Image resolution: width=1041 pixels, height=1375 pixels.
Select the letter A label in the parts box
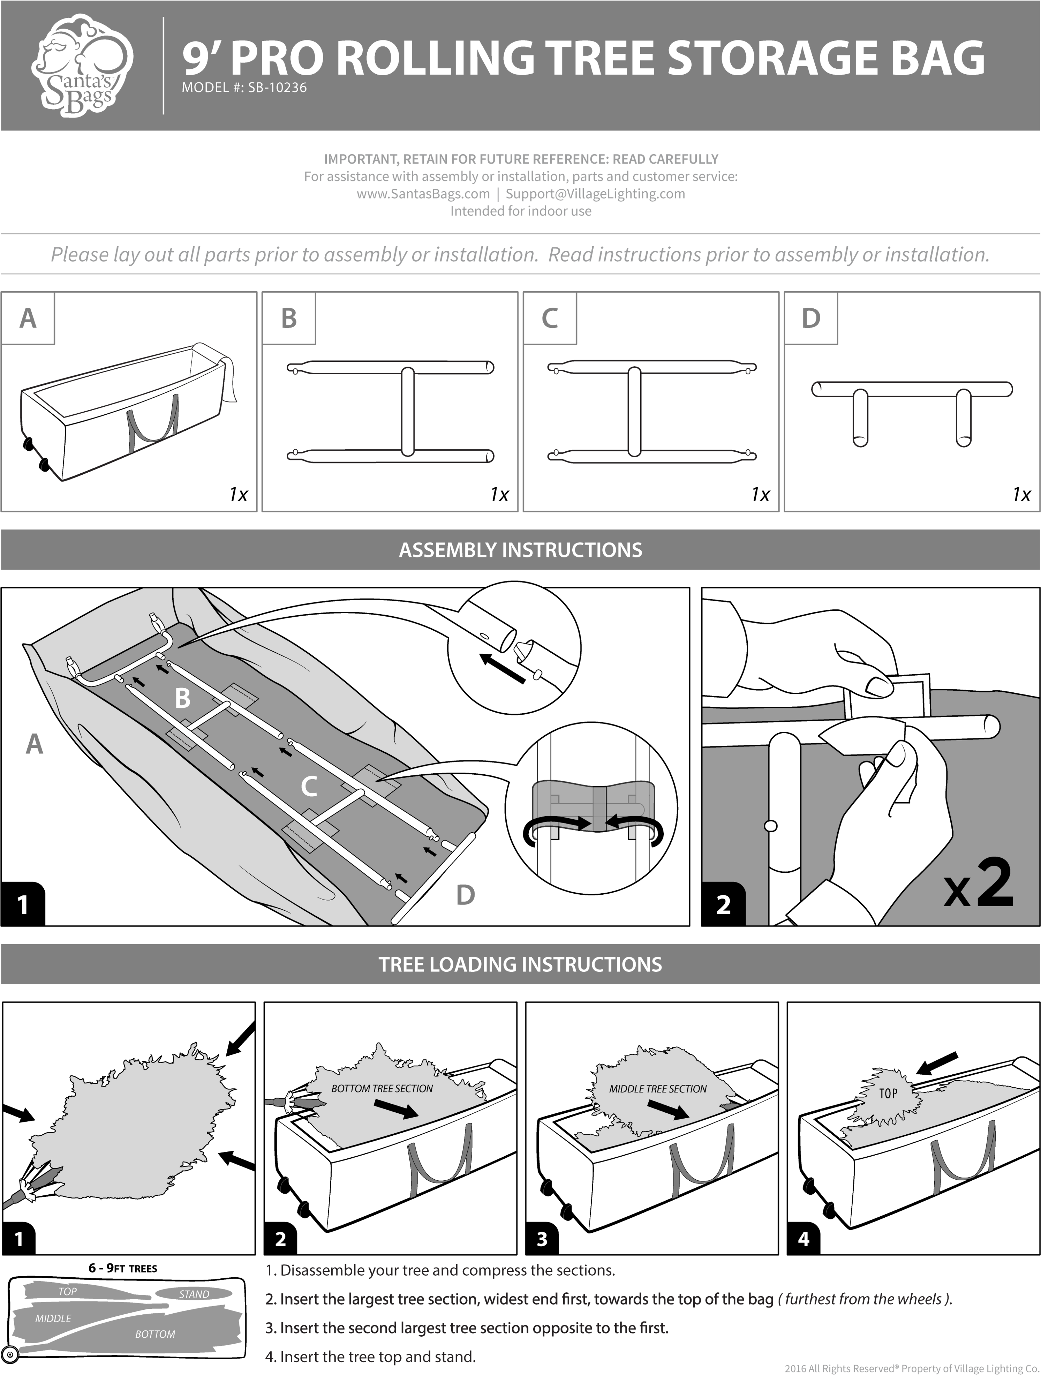pyautogui.click(x=28, y=318)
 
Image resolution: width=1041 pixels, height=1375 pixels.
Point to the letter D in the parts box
pyautogui.click(x=810, y=318)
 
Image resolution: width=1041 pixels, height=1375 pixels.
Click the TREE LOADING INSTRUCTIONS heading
pyautogui.click(x=520, y=964)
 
